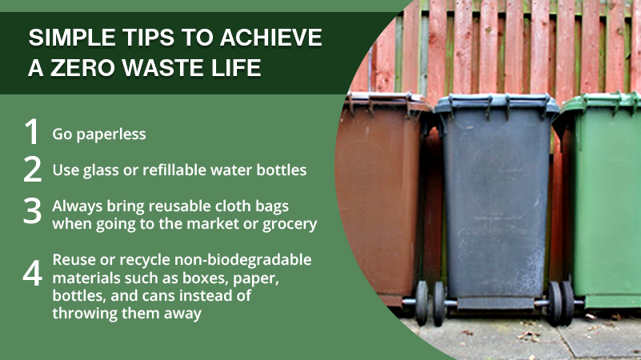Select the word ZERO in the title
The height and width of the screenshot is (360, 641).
(x=82, y=67)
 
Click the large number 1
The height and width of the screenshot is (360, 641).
(x=31, y=131)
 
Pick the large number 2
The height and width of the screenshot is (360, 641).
(x=32, y=169)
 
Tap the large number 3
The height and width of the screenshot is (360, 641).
(x=32, y=210)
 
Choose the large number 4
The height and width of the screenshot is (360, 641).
(x=32, y=273)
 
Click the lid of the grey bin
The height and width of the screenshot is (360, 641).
(x=496, y=104)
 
